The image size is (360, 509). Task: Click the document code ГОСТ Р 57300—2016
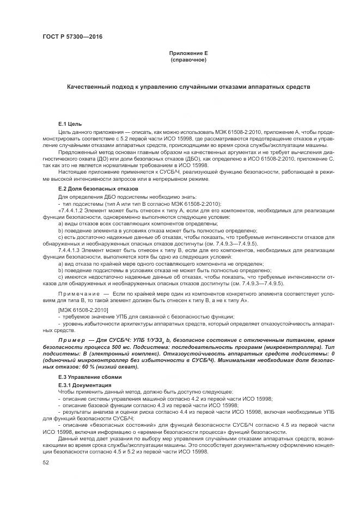[72, 36]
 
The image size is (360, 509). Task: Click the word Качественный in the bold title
[88, 87]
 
